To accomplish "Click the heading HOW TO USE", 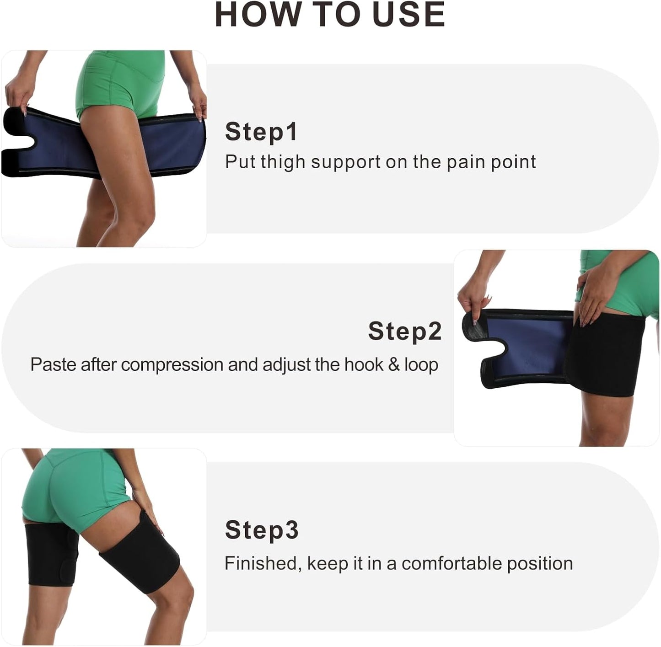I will coord(330,15).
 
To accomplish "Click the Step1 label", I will coord(261,132).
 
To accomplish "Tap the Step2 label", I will coord(405,331).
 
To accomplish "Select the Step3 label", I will coord(262,530).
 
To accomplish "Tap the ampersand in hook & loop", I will coord(394,365).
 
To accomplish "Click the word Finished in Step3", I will coord(263,563).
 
